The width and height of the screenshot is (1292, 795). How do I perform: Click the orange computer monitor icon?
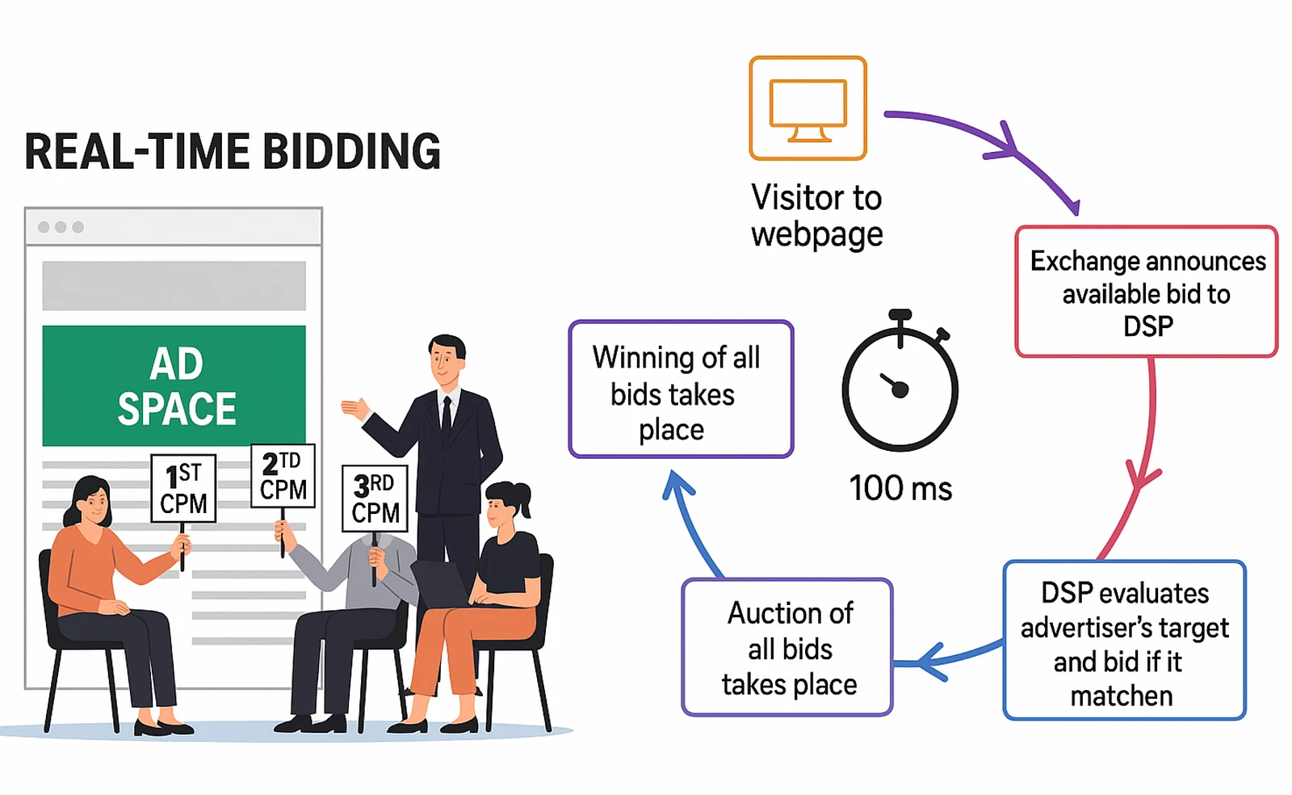807,108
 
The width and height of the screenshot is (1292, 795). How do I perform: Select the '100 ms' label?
900,489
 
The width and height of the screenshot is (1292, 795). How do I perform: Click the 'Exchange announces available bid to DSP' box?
1147,292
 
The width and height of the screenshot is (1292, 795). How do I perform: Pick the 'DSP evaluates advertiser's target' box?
1124,640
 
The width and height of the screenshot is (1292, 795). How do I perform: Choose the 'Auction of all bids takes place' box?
787,647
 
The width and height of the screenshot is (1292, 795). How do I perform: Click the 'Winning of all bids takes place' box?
681,389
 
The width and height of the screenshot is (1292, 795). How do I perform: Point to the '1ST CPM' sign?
183,488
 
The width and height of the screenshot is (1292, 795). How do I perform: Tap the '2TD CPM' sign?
283,476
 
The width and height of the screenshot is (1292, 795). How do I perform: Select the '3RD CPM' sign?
375,498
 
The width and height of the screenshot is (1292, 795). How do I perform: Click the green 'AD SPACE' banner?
174,385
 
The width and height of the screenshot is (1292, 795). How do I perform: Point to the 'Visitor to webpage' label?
816,215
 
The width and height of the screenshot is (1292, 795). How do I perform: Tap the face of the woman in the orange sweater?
95,505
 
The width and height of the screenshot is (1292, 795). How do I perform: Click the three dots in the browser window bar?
61,227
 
